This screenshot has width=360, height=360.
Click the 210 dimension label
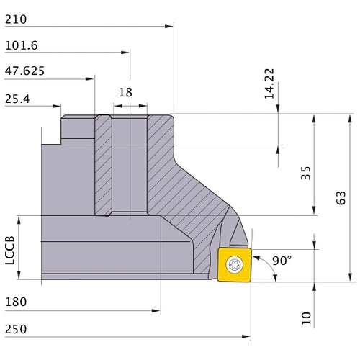click(16, 19)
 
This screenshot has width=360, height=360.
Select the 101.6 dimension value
click(22, 45)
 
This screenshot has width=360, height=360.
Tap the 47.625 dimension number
click(24, 71)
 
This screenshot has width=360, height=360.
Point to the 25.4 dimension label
click(17, 99)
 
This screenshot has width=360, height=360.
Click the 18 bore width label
click(125, 92)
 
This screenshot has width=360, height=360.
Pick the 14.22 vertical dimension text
click(269, 84)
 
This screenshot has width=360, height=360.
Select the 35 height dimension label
click(305, 173)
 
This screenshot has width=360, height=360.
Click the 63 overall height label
click(341, 198)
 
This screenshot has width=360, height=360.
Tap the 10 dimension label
click(306, 318)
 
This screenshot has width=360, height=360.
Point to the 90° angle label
click(282, 261)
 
